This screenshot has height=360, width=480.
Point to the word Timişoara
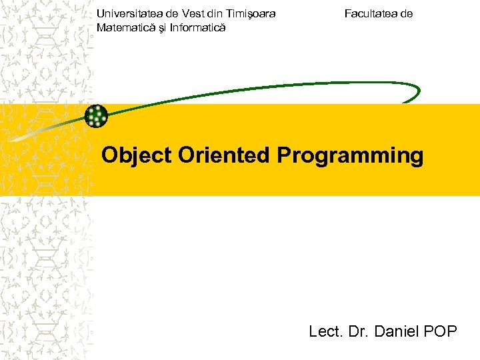click(x=251, y=13)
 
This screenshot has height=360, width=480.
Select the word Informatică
click(x=198, y=27)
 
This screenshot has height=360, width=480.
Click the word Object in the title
click(x=137, y=156)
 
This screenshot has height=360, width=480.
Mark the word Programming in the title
click(x=350, y=156)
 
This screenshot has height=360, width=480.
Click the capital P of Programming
click(x=283, y=155)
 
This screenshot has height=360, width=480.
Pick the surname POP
click(x=441, y=331)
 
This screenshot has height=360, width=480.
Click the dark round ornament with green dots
click(x=97, y=116)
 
